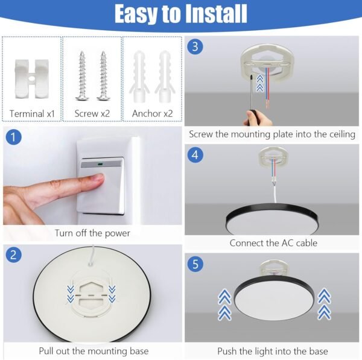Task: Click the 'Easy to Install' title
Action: (x=181, y=13)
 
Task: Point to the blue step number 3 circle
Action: (x=194, y=47)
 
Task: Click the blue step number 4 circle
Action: (x=194, y=155)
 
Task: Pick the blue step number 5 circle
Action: (x=194, y=264)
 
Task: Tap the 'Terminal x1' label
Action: (x=32, y=113)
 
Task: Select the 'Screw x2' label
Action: (x=92, y=113)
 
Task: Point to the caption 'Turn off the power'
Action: (x=92, y=233)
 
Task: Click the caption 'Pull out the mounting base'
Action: (x=94, y=350)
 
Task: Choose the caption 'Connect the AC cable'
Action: (x=273, y=243)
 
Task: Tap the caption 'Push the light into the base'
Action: (x=273, y=350)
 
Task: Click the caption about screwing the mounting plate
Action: (x=272, y=134)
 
